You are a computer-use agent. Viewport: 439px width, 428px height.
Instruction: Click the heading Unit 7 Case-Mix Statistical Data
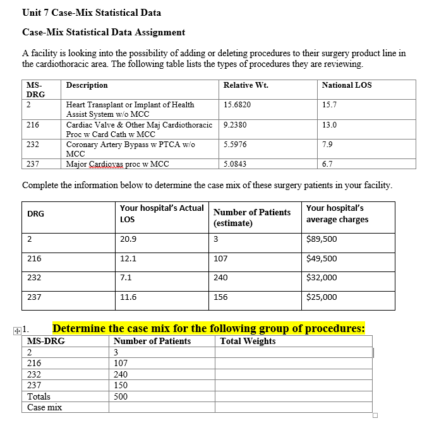(x=92, y=12)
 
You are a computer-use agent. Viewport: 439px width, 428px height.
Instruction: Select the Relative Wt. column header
(x=246, y=85)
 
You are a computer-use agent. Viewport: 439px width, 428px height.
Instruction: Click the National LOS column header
(x=347, y=85)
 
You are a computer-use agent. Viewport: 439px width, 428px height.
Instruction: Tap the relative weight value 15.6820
(x=236, y=105)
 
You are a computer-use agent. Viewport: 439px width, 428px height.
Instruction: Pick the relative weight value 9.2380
(x=235, y=125)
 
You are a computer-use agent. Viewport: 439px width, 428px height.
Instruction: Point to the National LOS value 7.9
(x=327, y=145)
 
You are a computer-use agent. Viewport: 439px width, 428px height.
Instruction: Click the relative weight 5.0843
(x=235, y=164)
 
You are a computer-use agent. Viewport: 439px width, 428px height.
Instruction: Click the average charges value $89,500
(x=321, y=239)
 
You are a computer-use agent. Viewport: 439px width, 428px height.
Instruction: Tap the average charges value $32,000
(x=321, y=278)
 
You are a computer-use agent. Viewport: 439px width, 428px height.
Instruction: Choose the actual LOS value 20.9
(x=128, y=239)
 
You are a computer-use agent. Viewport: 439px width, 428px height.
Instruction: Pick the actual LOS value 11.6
(x=128, y=297)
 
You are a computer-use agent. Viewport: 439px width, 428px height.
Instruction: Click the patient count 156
(x=220, y=297)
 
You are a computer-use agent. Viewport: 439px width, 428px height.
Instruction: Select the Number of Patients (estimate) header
(x=252, y=218)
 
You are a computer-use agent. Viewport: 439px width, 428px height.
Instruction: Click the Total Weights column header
(x=248, y=341)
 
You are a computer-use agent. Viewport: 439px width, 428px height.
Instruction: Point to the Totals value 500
(x=120, y=396)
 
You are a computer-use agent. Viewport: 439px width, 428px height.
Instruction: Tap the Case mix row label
(x=45, y=407)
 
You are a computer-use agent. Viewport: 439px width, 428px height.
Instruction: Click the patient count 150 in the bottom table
(x=120, y=385)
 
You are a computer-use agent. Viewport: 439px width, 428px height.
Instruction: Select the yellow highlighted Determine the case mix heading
(x=208, y=328)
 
